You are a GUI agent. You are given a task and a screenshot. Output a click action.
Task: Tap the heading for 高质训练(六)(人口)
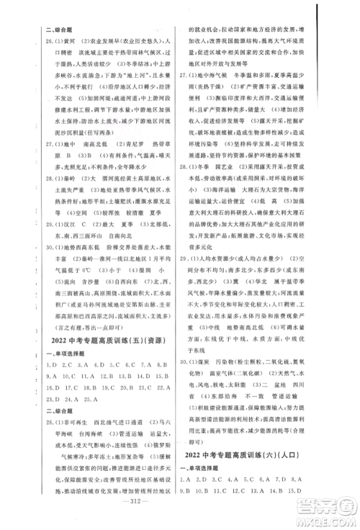coord(264,476)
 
